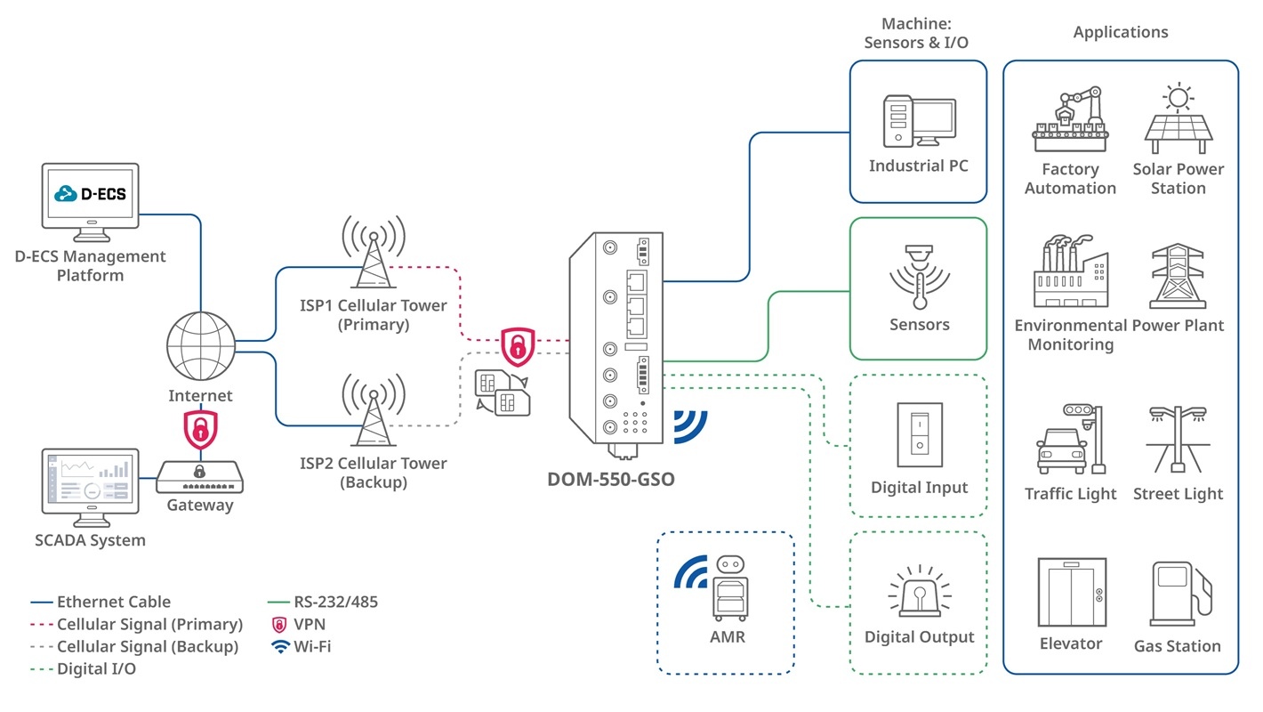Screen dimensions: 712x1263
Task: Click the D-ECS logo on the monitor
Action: pos(91,193)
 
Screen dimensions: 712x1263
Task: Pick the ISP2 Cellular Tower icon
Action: pos(374,410)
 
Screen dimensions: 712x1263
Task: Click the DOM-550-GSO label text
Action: pos(611,480)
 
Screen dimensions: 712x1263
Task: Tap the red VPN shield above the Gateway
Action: pos(201,430)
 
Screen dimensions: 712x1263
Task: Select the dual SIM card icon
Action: pos(500,392)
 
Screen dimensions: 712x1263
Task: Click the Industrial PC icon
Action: pos(919,122)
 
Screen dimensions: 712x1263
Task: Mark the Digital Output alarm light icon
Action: pos(920,592)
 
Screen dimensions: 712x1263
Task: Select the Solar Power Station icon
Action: pos(1179,120)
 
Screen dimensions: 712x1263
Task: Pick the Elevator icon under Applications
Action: pos(1072,592)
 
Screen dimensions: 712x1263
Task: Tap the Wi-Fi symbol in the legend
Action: pos(281,647)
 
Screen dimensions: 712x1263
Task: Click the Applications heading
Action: pos(1121,32)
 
